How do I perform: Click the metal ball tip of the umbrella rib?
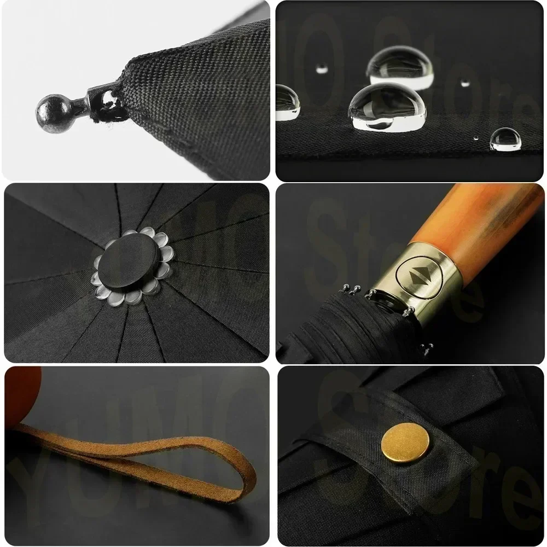point(51,108)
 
